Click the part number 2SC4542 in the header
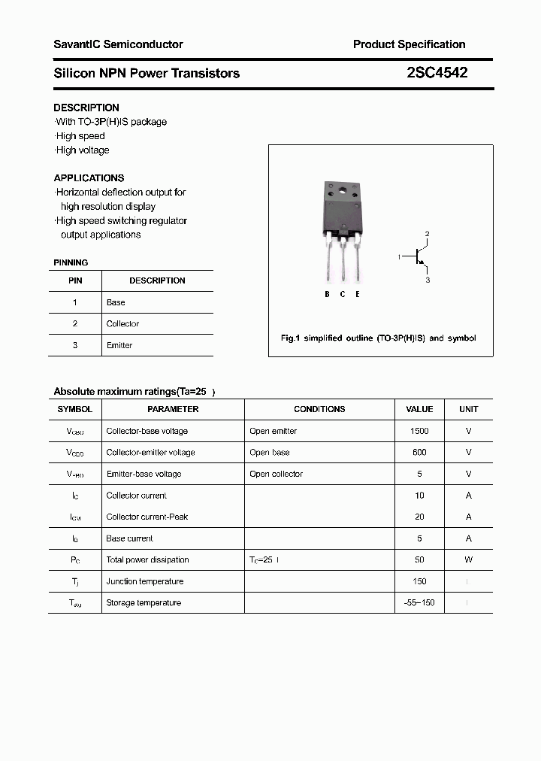(437, 73)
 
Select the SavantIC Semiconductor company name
(118, 44)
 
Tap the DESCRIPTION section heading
(86, 108)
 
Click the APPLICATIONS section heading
(89, 178)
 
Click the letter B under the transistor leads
(327, 294)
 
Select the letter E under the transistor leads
(358, 294)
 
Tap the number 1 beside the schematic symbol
(399, 258)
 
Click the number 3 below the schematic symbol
(428, 280)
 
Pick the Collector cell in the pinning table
(122, 324)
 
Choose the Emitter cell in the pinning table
(119, 345)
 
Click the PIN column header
(75, 280)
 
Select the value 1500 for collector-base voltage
(419, 431)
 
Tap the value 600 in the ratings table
(419, 453)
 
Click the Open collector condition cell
(276, 474)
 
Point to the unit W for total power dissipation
(468, 559)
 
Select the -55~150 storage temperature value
(419, 603)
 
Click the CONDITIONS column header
(319, 409)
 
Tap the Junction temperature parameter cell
(144, 581)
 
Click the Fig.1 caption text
(378, 338)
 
